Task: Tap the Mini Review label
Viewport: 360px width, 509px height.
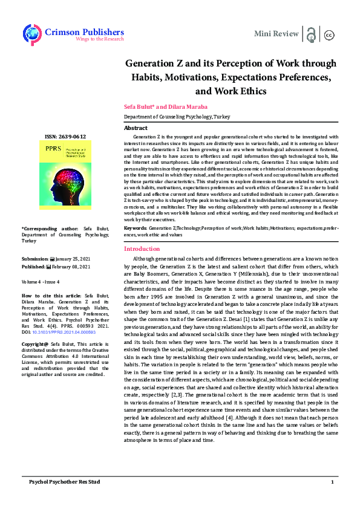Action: pos(276,33)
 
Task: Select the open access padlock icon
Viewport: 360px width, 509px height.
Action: pos(311,33)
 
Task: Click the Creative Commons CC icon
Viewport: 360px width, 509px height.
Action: pos(330,34)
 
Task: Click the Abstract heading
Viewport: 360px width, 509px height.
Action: pos(136,128)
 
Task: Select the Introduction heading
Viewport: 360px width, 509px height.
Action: pos(141,249)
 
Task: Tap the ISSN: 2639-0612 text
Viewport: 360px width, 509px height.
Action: pos(65,137)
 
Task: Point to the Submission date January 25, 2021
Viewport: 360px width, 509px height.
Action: pos(72,259)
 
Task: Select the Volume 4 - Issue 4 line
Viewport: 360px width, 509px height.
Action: pos(40,282)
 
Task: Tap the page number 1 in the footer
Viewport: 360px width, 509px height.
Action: pos(332,481)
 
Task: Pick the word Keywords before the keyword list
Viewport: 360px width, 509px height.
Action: pos(135,227)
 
